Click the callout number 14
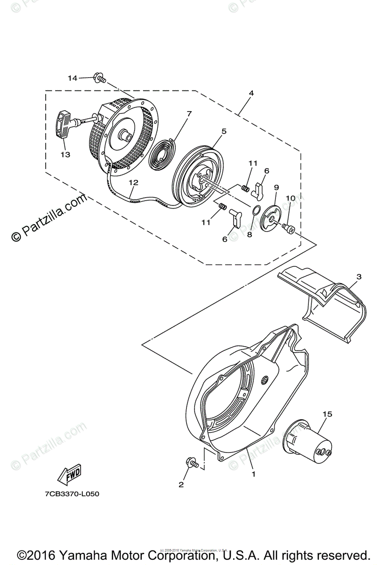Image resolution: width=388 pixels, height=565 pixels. (72, 78)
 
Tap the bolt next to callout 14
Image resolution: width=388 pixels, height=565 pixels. (99, 77)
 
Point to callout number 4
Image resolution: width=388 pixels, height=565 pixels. (251, 93)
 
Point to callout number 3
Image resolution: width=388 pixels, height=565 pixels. (359, 277)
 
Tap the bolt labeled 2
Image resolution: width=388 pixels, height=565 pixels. (192, 463)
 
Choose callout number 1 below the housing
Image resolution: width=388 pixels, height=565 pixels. (253, 474)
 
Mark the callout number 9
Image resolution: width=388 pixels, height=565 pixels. (276, 187)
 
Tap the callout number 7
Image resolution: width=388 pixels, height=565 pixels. (189, 113)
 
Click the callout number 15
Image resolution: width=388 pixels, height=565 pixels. (327, 414)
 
